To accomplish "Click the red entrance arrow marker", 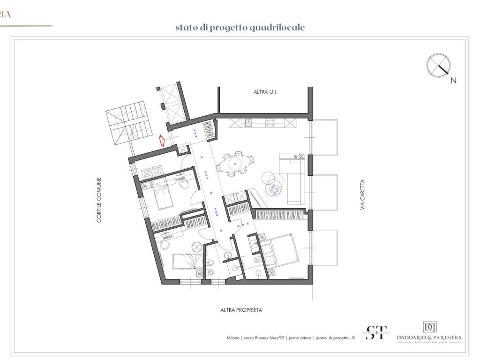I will coord(162,141).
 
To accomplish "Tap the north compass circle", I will coord(439,65).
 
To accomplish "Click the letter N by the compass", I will coord(453,81).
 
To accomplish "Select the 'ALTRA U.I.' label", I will coord(265,93).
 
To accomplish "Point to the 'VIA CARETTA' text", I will coord(362,194).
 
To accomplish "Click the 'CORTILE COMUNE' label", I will coord(99,199).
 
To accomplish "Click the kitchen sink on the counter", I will coord(248,123).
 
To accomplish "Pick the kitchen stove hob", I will coord(270,123).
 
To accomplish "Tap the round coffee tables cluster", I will coord(271,185).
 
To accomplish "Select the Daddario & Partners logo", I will coord(428,332).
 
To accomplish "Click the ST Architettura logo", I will coord(376,332).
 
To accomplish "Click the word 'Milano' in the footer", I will coord(233,337).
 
